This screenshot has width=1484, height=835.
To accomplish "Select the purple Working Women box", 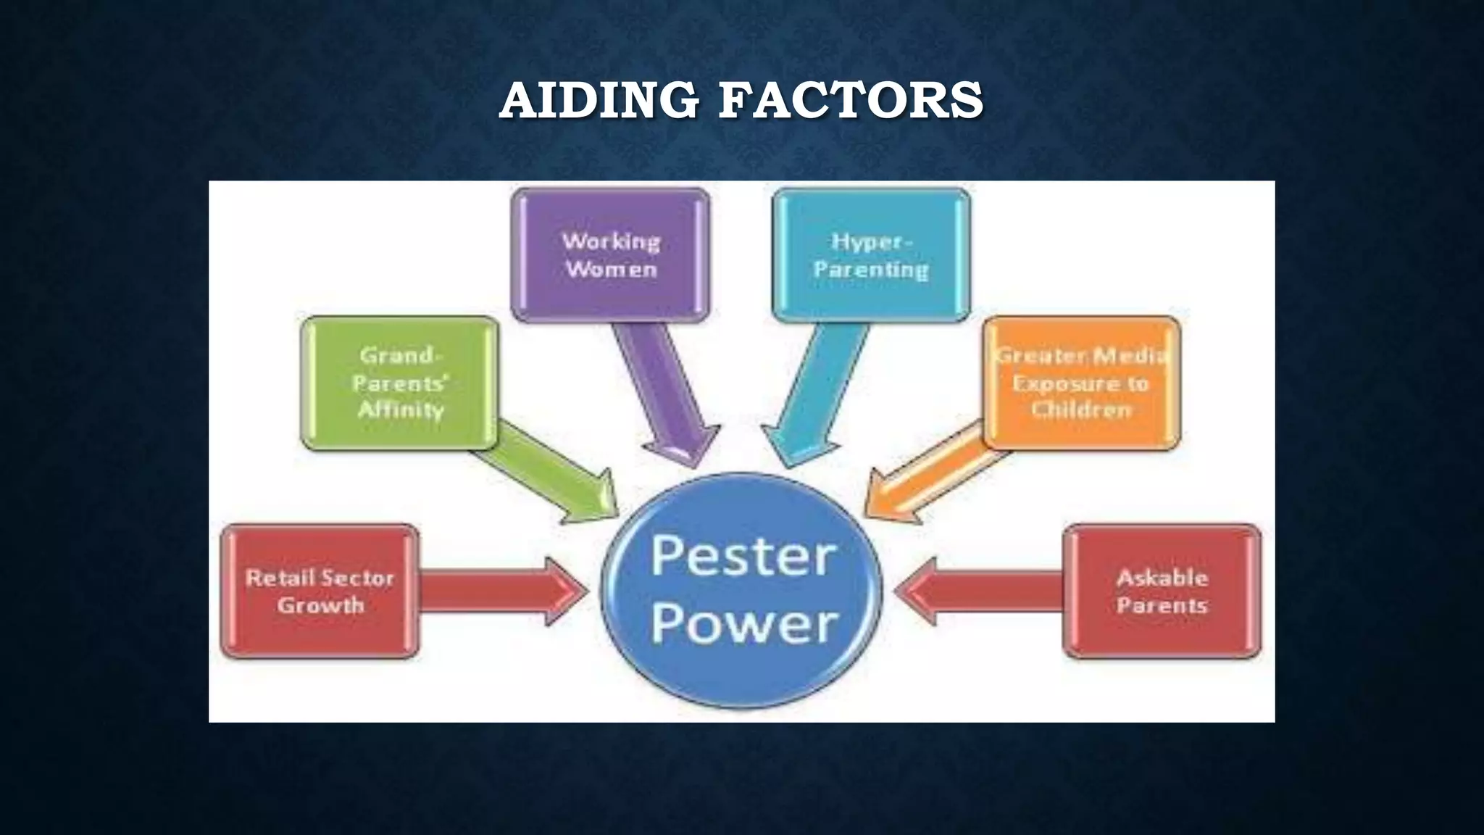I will tap(610, 254).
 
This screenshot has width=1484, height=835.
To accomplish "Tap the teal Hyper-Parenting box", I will tap(871, 254).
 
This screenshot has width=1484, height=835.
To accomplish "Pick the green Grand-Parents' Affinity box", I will tap(400, 383).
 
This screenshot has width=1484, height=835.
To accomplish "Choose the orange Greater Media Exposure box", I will tap(1081, 383).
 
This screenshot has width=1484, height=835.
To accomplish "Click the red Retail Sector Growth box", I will tap(320, 591).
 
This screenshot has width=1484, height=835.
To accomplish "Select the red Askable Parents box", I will tap(1162, 591).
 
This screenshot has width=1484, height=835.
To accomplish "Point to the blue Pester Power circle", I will tap(743, 591).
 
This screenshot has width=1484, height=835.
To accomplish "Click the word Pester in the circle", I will tap(743, 556).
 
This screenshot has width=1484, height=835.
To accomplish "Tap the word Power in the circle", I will tap(744, 624).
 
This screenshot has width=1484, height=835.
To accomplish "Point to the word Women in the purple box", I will tap(612, 270).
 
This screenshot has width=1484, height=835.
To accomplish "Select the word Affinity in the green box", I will tap(401, 410).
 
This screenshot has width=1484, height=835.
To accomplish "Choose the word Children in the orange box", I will tap(1081, 410).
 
